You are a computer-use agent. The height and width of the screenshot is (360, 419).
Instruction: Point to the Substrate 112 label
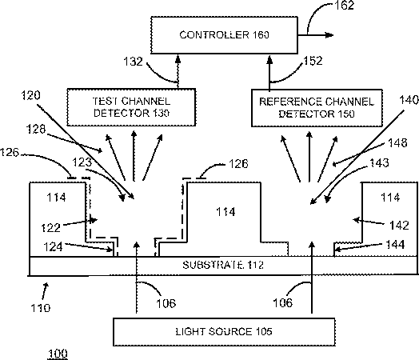(x=223, y=265)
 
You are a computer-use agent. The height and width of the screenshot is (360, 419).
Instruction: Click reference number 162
(x=345, y=6)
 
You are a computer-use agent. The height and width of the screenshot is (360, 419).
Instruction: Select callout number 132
(x=133, y=62)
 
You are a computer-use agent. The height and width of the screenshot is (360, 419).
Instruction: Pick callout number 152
(x=313, y=61)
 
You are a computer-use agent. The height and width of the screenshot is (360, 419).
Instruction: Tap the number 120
(x=30, y=95)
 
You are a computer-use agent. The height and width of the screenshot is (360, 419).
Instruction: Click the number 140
(x=409, y=100)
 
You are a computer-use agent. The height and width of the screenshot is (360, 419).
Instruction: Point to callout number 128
(x=36, y=129)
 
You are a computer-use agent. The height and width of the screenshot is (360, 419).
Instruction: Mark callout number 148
(x=397, y=142)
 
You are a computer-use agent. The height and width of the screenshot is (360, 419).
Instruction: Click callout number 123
(x=82, y=162)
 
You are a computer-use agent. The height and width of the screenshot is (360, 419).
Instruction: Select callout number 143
(x=379, y=162)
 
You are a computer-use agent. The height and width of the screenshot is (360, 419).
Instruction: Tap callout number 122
(x=50, y=228)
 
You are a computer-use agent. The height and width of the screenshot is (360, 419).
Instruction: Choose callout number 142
(x=399, y=226)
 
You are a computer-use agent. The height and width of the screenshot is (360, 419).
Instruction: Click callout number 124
(x=54, y=246)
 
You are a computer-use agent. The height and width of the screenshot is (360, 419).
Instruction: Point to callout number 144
(x=396, y=245)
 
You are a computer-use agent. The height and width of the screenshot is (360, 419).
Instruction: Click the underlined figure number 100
(x=58, y=354)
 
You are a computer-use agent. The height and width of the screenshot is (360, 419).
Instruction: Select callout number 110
(x=40, y=308)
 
